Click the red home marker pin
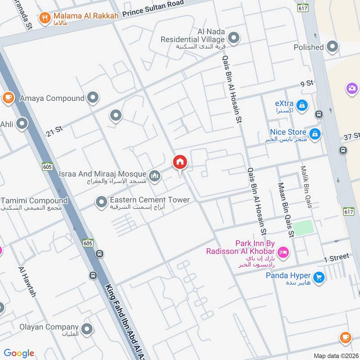coord(180,162)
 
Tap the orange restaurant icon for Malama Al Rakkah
coord(44,18)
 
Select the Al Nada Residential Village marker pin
coord(233,37)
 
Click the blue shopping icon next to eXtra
coord(302,105)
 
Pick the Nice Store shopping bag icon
coord(315,133)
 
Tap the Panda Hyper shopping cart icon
coord(319,278)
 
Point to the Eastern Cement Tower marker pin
coord(101,202)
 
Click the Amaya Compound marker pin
coord(93,97)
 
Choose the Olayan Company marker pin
coord(87,328)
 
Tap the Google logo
coord(19,353)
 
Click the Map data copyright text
coord(335,355)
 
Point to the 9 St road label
coord(306,83)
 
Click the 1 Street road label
coord(337,258)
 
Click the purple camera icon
coord(352,88)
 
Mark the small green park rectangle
coord(304,227)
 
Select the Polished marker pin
coord(332,46)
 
